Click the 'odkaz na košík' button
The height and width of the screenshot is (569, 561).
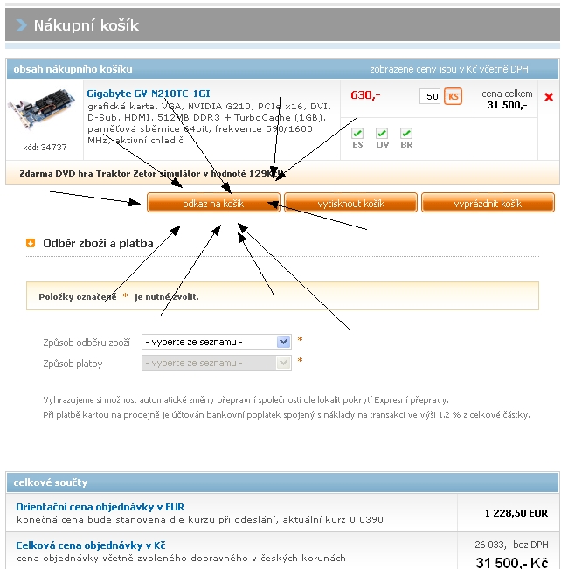pos(213,203)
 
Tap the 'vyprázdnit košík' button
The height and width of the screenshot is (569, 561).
pos(488,203)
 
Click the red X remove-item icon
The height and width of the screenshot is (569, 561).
pos(549,97)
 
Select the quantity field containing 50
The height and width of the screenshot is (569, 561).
pos(429,96)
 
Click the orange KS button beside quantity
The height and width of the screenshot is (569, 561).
pos(453,96)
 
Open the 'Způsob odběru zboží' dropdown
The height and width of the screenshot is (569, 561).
pos(216,342)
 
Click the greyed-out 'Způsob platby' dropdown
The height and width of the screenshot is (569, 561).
pos(216,363)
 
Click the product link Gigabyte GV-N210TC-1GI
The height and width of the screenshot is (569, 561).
pos(148,93)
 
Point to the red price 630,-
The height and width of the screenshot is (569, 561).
pos(365,94)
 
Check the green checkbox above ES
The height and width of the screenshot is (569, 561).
pos(357,134)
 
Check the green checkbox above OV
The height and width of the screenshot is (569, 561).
pos(382,134)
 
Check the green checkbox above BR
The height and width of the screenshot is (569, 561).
pos(406,134)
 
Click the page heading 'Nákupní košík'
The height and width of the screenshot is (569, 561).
pos(86,25)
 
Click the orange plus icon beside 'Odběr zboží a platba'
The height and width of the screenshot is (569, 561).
pos(31,244)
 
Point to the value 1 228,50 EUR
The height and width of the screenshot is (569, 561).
pos(516,513)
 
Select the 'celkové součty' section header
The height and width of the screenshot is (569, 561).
pos(51,482)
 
